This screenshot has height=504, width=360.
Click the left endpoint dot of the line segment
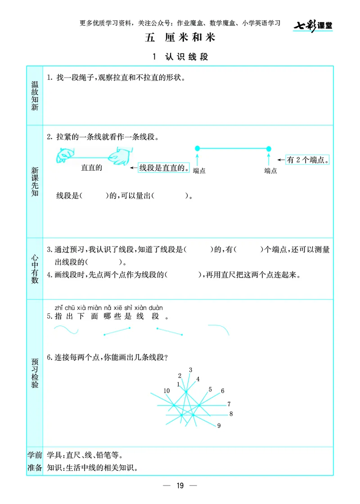point(197,148)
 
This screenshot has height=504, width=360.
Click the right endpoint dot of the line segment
point(269,148)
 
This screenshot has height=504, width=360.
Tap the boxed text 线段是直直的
point(163,168)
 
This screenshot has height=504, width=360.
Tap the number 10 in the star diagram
point(166,390)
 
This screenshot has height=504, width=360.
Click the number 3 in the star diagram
point(190,370)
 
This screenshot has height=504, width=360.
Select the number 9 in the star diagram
point(219,426)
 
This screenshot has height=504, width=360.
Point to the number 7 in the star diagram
point(229,404)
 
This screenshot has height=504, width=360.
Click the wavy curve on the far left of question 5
point(66,330)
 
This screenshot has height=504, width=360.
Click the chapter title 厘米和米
point(180,38)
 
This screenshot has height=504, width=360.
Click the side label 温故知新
point(35,95)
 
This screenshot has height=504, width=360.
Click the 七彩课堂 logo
point(313,26)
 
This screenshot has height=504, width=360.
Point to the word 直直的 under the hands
point(92,168)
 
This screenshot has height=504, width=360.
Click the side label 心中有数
point(35,268)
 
